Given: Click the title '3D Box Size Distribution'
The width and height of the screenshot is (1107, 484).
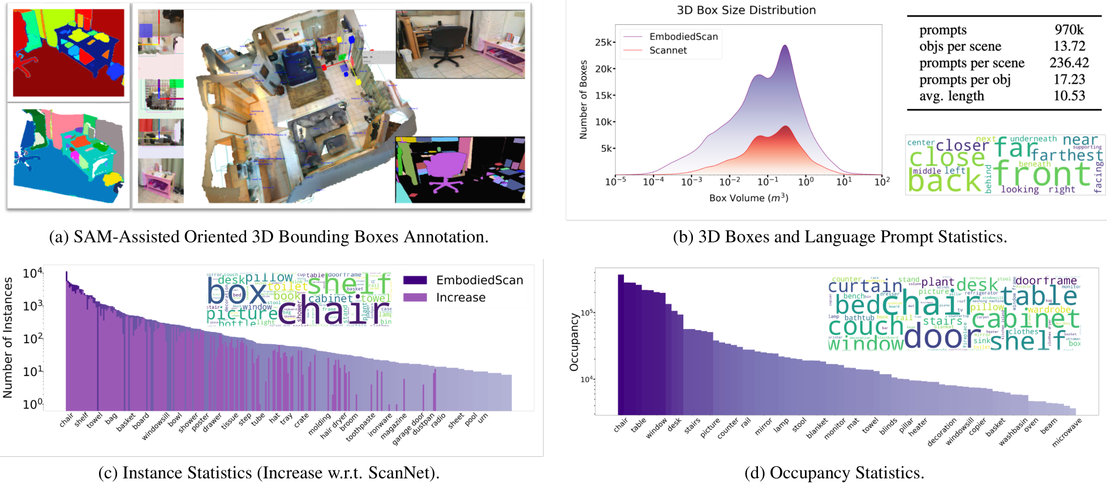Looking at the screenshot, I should (746, 10).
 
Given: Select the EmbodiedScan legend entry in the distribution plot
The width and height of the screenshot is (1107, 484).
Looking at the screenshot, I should (683, 36).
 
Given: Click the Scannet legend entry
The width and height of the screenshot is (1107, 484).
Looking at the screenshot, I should (668, 50).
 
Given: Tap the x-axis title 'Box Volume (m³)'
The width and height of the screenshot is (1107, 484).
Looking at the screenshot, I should (748, 198).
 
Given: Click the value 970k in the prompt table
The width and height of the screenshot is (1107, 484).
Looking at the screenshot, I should (1069, 29).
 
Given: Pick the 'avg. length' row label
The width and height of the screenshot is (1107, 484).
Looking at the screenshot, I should (951, 96).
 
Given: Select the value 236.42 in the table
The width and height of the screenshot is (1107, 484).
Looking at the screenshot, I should (1069, 63).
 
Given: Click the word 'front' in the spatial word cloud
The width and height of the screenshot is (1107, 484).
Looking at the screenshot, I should (1041, 174).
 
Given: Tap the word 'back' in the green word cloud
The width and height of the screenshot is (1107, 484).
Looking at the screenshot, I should (944, 181).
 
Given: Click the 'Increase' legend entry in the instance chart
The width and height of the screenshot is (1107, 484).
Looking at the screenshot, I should (460, 297).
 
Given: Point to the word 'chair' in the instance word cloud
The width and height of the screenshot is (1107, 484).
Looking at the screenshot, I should (334, 311).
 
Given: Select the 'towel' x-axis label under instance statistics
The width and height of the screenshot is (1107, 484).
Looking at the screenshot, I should (94, 420).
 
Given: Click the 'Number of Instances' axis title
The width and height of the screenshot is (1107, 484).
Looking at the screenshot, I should (8, 338).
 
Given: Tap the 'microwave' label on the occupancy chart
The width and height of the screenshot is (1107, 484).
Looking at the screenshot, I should (1066, 433).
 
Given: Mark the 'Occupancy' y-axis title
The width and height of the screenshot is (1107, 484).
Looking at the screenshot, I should (574, 343).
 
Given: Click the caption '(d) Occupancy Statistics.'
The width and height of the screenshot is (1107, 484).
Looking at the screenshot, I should (834, 473).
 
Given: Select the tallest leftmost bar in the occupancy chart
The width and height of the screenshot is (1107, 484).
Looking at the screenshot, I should (621, 344).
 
